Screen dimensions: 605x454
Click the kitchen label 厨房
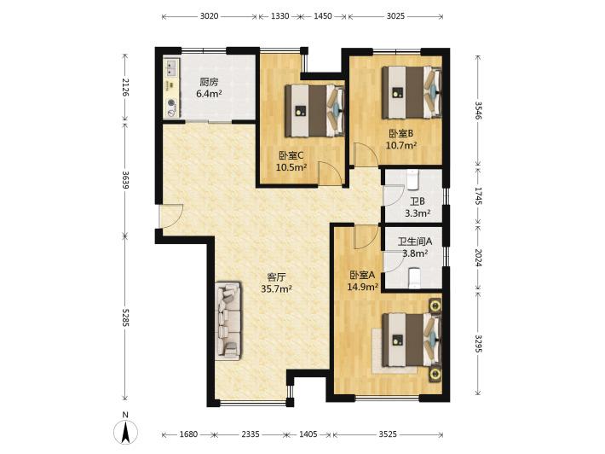pyautogui.click(x=209, y=82)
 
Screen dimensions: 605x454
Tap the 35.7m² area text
pyautogui.click(x=276, y=288)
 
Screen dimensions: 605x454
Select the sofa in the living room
pyautogui.click(x=228, y=321)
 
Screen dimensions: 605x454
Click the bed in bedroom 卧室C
pyautogui.click(x=314, y=111)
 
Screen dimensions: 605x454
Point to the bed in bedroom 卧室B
pyautogui.click(x=412, y=92)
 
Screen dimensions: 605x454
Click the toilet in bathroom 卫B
pyautogui.click(x=412, y=179)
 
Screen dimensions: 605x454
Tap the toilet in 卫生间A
pyautogui.click(x=413, y=278)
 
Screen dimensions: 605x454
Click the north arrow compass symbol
pyautogui.click(x=125, y=432)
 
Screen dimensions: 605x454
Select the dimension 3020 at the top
pyautogui.click(x=209, y=16)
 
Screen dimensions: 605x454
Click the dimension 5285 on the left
pyautogui.click(x=125, y=317)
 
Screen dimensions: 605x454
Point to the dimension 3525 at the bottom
pyautogui.click(x=388, y=434)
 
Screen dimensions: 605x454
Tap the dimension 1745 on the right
pyautogui.click(x=478, y=196)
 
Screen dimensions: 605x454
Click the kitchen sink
pyautogui.click(x=170, y=67)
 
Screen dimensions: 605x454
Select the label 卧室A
pyautogui.click(x=362, y=275)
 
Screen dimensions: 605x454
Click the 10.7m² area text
pyautogui.click(x=401, y=145)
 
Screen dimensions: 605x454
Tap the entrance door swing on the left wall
pyautogui.click(x=171, y=217)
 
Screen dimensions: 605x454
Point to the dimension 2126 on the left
pyautogui.click(x=125, y=87)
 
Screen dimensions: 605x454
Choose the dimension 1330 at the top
pyautogui.click(x=279, y=16)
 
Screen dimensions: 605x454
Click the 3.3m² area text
pyautogui.click(x=418, y=212)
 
